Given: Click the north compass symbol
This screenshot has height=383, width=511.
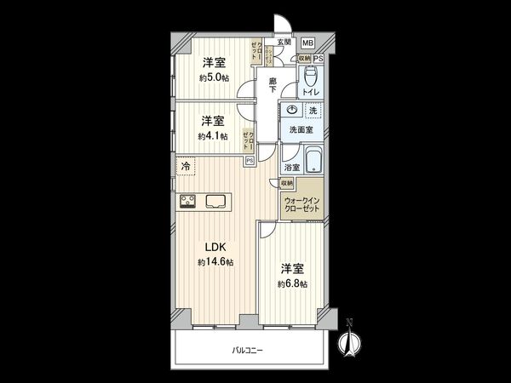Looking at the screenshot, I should tap(347, 341).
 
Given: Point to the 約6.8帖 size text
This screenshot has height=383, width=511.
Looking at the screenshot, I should tap(292, 283).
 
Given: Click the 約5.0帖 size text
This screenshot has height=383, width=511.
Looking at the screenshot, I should tap(213, 77).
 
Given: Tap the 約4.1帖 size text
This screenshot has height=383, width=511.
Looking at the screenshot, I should tap(213, 135).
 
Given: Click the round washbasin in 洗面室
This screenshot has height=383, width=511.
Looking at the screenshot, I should tap(292, 111).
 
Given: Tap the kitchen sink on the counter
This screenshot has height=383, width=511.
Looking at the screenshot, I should tap(215, 202).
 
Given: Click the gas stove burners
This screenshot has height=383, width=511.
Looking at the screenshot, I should tap(188, 202).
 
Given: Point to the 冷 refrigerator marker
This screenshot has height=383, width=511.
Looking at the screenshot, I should tap(186, 168).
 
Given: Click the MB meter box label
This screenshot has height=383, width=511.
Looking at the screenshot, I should tap(307, 43).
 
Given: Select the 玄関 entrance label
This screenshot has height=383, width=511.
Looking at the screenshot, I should tap(284, 42).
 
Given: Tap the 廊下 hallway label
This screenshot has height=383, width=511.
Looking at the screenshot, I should tap(273, 87).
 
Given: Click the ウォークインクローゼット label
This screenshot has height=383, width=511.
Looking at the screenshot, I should tap(303, 205).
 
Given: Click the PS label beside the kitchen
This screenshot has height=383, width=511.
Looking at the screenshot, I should tap(250, 159).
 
